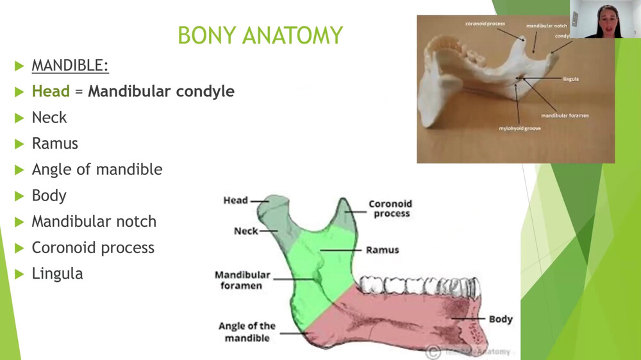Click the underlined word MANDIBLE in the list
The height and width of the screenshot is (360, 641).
[70, 65]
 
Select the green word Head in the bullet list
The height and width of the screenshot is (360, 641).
[51, 92]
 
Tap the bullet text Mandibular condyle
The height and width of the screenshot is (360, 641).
[161, 92]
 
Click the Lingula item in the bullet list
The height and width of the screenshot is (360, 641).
[57, 274]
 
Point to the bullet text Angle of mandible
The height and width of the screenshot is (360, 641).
[97, 170]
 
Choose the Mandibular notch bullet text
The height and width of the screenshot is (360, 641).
[94, 222]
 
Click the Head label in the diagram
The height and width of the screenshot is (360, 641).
[235, 200]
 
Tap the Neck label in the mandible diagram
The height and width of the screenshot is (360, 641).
[246, 231]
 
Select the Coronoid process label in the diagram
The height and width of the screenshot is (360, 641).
[390, 209]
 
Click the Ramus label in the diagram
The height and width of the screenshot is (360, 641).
[382, 250]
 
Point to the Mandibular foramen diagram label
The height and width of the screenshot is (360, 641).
[242, 280]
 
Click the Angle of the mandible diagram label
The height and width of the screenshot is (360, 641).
[247, 332]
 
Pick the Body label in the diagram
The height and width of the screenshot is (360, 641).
[501, 319]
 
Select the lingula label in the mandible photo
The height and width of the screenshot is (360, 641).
[570, 79]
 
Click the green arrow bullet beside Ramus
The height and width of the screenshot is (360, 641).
[19, 144]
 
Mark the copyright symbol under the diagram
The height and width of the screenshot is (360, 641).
[433, 350]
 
